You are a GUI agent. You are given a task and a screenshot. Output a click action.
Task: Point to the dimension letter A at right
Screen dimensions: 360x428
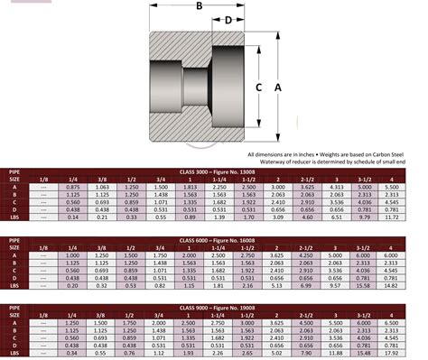pyautogui.click(x=278, y=87)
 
